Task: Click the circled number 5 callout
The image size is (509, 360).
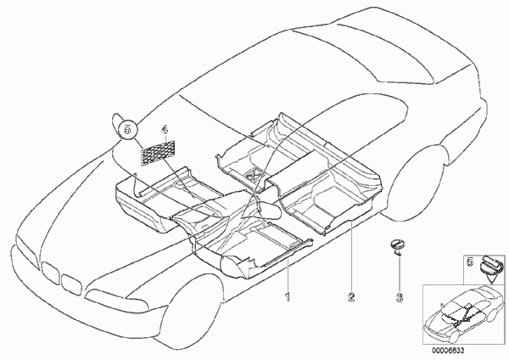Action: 127,129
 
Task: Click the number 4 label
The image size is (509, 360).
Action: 165,130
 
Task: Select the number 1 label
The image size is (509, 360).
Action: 288,297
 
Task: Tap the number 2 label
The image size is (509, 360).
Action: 351,296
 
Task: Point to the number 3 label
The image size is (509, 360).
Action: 400,297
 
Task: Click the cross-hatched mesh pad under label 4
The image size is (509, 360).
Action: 158,152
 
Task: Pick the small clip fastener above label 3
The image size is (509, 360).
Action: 398,246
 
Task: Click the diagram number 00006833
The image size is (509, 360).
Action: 448,351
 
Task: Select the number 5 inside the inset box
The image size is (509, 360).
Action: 470,262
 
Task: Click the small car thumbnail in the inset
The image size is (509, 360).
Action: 464,313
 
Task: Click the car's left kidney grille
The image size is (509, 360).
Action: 50,272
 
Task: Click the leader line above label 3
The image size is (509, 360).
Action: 400,273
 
